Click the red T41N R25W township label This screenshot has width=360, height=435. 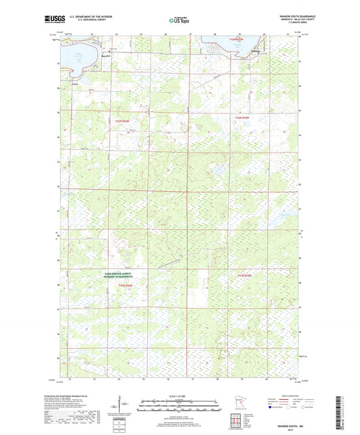pyautogui.click(x=244, y=276)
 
